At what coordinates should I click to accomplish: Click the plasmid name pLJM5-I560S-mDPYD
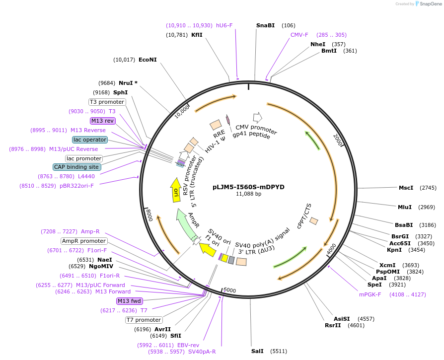pyautogui.click(x=248, y=187)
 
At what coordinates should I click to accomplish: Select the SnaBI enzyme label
pyautogui.click(x=265, y=25)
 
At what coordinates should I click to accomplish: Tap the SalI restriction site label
pyautogui.click(x=257, y=351)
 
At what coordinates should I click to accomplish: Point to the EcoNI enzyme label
pyautogui.click(x=148, y=60)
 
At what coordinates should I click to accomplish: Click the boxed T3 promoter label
pyautogui.click(x=107, y=102)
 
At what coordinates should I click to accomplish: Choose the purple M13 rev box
pyautogui.click(x=103, y=121)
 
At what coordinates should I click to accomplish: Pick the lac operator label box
pyautogui.click(x=90, y=140)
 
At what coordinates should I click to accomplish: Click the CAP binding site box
pyautogui.click(x=77, y=167)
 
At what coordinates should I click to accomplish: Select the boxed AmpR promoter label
pyautogui.click(x=84, y=241)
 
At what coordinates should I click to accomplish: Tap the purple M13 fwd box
pyautogui.click(x=130, y=301)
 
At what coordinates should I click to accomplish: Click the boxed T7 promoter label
pyautogui.click(x=144, y=320)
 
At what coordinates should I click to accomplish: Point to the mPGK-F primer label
pyautogui.click(x=370, y=294)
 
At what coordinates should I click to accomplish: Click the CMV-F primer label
pyautogui.click(x=299, y=35)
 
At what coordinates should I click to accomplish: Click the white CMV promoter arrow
pyautogui.click(x=257, y=117)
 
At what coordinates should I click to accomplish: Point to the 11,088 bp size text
pyautogui.click(x=248, y=194)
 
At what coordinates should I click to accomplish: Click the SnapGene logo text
pyautogui.click(x=430, y=4)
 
